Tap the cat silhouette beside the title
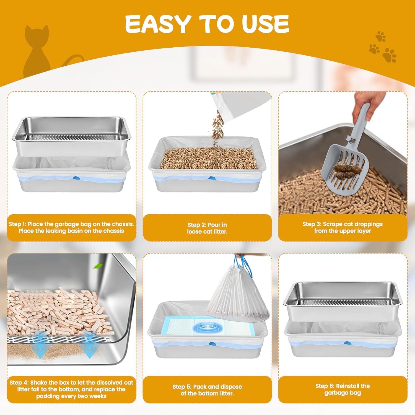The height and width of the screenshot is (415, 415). [x=37, y=53]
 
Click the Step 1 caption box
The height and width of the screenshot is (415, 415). [x=71, y=227]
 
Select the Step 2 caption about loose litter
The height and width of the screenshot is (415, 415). [x=207, y=228]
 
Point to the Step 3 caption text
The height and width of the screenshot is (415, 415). [x=343, y=227]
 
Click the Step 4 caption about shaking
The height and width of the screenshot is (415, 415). [x=71, y=389]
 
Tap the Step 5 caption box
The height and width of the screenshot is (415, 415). [x=207, y=390]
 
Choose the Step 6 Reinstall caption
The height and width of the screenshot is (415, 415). [x=343, y=389]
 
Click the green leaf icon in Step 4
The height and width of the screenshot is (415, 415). [x=98, y=266]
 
